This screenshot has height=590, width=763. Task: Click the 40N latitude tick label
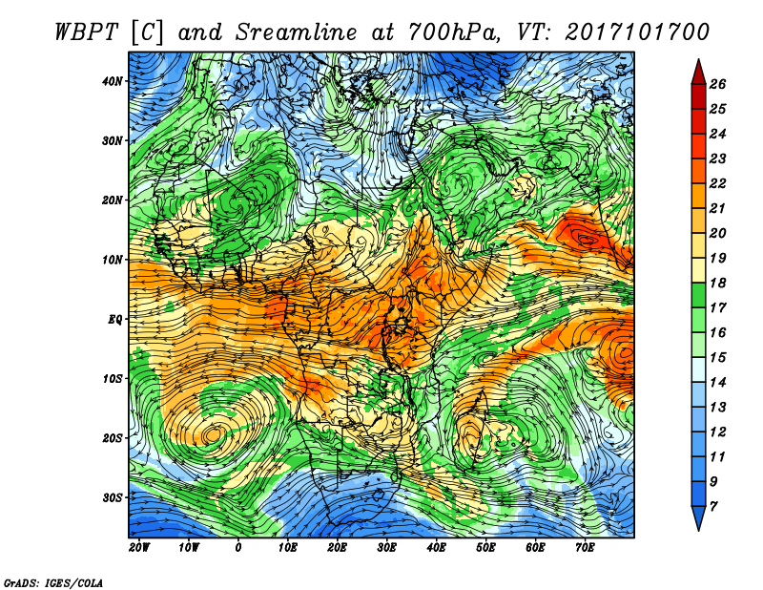coord(112,81)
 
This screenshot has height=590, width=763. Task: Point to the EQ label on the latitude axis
coord(114,320)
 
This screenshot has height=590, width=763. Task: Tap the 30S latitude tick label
coord(112,498)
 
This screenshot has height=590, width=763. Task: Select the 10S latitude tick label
coord(112,379)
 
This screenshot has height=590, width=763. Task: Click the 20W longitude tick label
coord(139,548)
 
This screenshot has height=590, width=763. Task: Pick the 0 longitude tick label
coord(237,548)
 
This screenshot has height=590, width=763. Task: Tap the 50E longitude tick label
coord(485,548)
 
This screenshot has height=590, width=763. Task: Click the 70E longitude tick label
coord(585,548)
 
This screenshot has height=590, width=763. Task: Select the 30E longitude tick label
coord(386,548)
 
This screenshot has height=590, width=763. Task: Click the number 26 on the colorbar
coord(717,84)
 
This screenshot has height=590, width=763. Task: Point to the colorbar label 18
coord(717,283)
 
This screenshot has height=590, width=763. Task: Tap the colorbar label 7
coord(713,507)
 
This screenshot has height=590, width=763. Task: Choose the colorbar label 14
coord(717,383)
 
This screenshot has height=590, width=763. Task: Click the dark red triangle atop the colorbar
coord(698,73)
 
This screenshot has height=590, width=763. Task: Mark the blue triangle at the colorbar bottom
coord(698,518)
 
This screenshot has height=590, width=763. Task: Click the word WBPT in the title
coord(87,32)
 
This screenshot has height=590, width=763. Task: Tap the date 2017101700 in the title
coord(637,32)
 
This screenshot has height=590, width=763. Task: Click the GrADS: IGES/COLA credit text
coord(53,583)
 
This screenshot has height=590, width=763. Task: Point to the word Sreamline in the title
coord(297,32)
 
